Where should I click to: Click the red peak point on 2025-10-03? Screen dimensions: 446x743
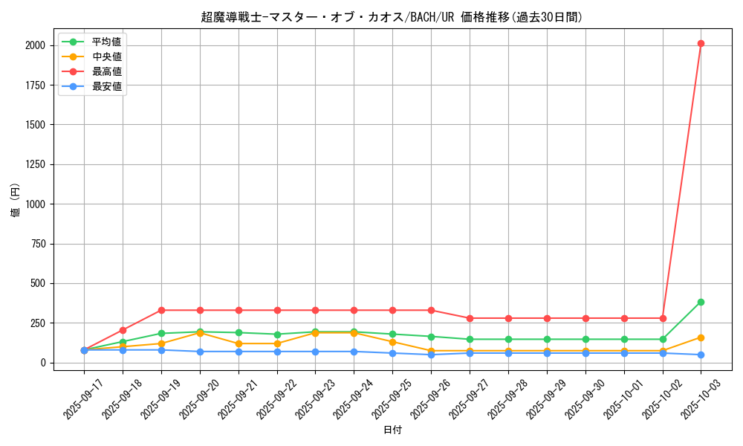[701, 43]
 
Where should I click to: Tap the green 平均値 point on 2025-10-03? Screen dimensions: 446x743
[701, 302]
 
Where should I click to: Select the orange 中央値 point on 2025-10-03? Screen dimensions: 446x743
[701, 337]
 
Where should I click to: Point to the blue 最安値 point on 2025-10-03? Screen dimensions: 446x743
[701, 355]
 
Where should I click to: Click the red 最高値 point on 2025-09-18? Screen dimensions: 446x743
[123, 330]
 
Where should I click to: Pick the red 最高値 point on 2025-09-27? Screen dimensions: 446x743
[470, 318]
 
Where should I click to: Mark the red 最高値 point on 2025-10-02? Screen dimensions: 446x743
[663, 318]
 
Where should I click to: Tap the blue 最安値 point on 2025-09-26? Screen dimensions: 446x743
[431, 355]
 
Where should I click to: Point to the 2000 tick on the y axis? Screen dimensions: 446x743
[36, 45]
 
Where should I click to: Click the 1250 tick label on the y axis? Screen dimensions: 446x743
[36, 164]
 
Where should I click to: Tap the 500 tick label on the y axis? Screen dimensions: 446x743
[39, 283]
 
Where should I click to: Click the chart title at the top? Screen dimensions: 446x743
[392, 16]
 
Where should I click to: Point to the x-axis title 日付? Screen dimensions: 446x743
[392, 430]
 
